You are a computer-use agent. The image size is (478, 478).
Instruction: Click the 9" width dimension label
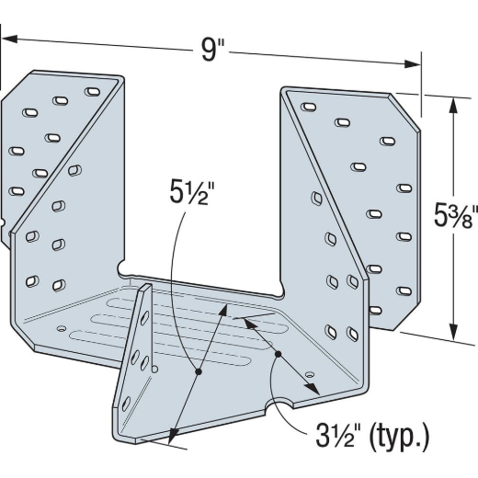tap(212, 51)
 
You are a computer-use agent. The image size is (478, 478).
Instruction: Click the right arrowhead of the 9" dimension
tap(413, 63)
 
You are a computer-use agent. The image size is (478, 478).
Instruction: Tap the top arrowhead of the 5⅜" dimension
tap(453, 106)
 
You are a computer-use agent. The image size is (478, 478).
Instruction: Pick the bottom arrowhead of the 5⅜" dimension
tap(455, 331)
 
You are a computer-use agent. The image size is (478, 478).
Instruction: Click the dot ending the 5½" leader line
tap(199, 371)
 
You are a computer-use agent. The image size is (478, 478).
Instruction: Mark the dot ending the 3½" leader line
tap(278, 354)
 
